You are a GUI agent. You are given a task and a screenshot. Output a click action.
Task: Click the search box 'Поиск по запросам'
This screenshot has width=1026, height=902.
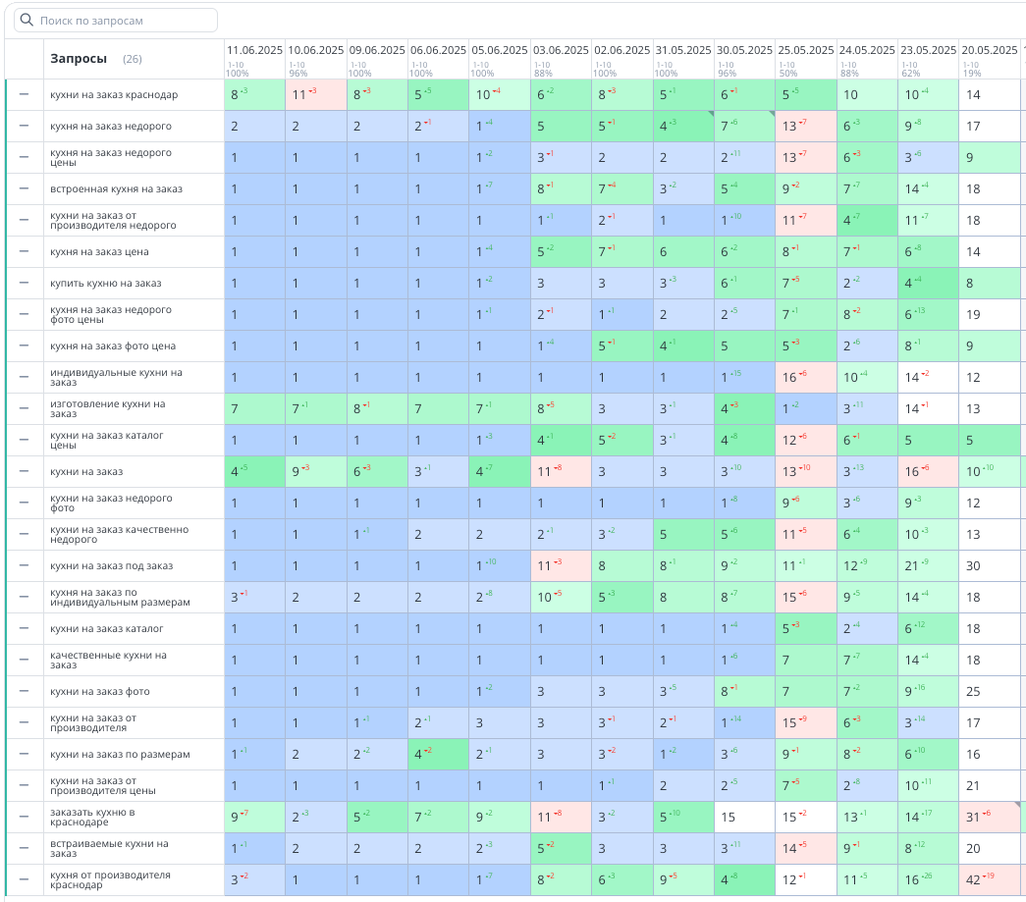click(x=116, y=21)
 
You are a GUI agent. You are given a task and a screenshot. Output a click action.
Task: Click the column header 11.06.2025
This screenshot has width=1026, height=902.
click(x=254, y=50)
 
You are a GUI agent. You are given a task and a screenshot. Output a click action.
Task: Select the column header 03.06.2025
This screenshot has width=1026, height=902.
click(x=561, y=50)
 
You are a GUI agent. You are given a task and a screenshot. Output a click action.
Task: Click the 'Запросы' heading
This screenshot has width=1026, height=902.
click(x=79, y=59)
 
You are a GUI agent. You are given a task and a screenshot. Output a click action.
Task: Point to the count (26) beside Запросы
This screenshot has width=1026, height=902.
click(x=133, y=60)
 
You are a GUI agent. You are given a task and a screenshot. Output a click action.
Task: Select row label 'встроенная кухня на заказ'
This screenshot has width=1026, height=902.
click(x=116, y=189)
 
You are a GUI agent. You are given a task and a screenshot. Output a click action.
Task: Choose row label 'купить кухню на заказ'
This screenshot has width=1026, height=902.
click(x=106, y=284)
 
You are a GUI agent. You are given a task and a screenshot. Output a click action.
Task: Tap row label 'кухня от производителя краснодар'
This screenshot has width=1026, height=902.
click(x=110, y=880)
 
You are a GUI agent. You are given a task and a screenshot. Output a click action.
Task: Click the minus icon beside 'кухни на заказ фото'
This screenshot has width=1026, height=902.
click(x=24, y=691)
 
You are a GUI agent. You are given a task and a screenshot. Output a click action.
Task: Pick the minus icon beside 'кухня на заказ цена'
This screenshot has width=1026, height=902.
click(x=24, y=251)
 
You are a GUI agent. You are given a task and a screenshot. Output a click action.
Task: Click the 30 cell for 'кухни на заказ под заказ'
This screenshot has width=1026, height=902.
click(x=974, y=566)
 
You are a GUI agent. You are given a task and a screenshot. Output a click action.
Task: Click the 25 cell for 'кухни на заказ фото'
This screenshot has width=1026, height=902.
click(x=974, y=692)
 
